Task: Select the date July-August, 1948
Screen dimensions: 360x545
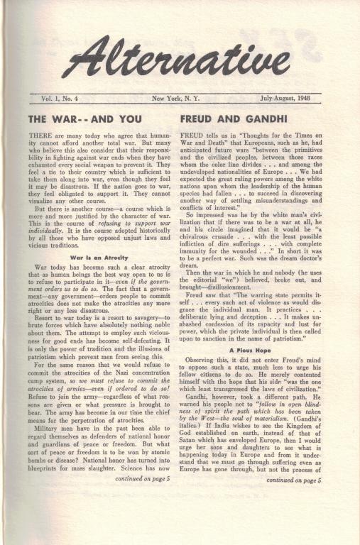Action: coord(293,99)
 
